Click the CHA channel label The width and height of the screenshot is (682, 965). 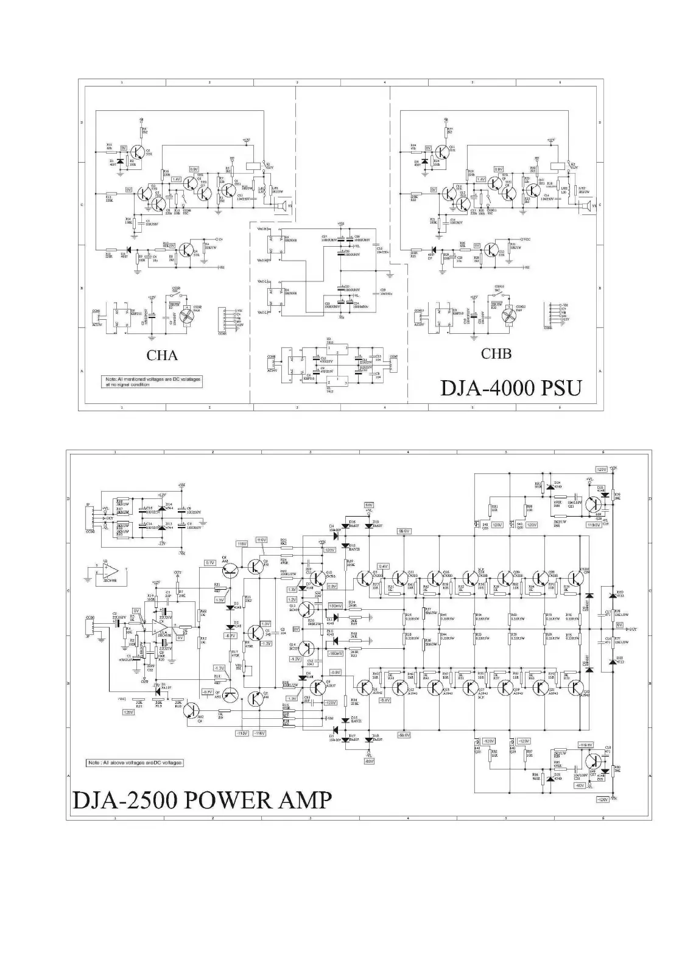(162, 354)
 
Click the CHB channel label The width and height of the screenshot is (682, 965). (496, 353)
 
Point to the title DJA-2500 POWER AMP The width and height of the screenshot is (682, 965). (203, 799)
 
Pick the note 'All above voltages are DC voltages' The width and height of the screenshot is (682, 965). (135, 763)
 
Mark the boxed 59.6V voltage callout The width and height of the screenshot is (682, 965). (403, 531)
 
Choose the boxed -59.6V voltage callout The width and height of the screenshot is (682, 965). (403, 735)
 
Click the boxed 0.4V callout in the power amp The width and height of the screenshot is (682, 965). (383, 566)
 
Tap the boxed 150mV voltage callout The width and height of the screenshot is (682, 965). (334, 606)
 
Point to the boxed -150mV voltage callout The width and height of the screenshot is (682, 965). (336, 653)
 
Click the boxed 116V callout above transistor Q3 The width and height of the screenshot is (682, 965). (261, 540)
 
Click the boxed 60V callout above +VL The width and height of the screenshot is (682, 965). (368, 505)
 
